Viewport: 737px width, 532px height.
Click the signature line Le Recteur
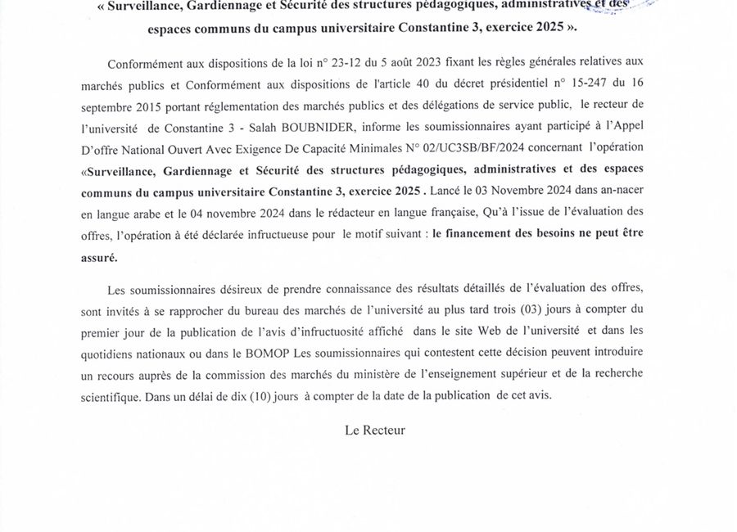[x=375, y=429]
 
